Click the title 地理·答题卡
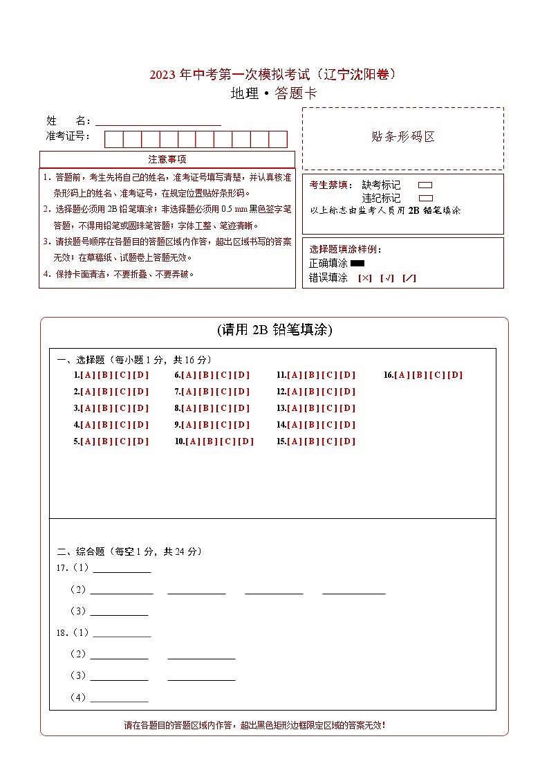(274, 94)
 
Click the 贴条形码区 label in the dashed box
(403, 137)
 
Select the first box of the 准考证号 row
(113, 139)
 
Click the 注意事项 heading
(167, 160)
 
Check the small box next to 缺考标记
(425, 185)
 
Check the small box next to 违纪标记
(425, 199)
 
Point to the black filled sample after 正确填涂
(357, 264)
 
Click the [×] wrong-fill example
(365, 278)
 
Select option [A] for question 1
(88, 375)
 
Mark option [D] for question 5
(140, 441)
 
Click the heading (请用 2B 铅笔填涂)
(274, 330)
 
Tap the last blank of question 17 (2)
(353, 589)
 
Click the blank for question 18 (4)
(119, 697)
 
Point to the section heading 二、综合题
(80, 551)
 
